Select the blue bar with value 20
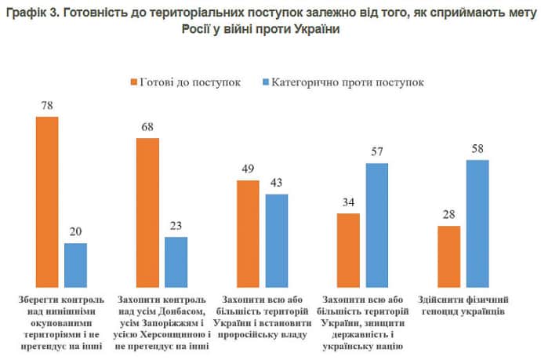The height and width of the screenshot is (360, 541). [75, 267]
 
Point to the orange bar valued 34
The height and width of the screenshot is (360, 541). [349, 252]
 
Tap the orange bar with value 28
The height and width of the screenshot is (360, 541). [449, 258]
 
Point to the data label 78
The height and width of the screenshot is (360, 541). [47, 105]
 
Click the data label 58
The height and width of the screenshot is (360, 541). [478, 148]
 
